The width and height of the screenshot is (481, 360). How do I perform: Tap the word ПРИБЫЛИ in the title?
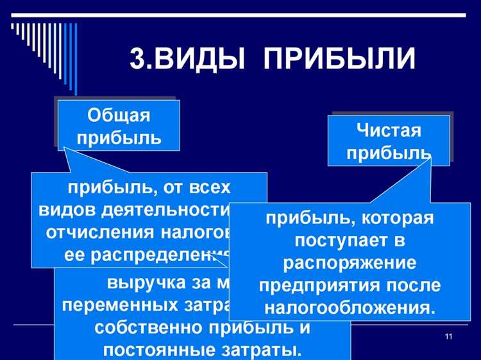340,58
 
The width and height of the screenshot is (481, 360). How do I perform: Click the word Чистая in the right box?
389,131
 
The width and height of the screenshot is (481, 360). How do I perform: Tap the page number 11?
448,338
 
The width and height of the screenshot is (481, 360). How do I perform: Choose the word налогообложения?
350,306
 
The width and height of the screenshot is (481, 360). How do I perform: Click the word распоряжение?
350,263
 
